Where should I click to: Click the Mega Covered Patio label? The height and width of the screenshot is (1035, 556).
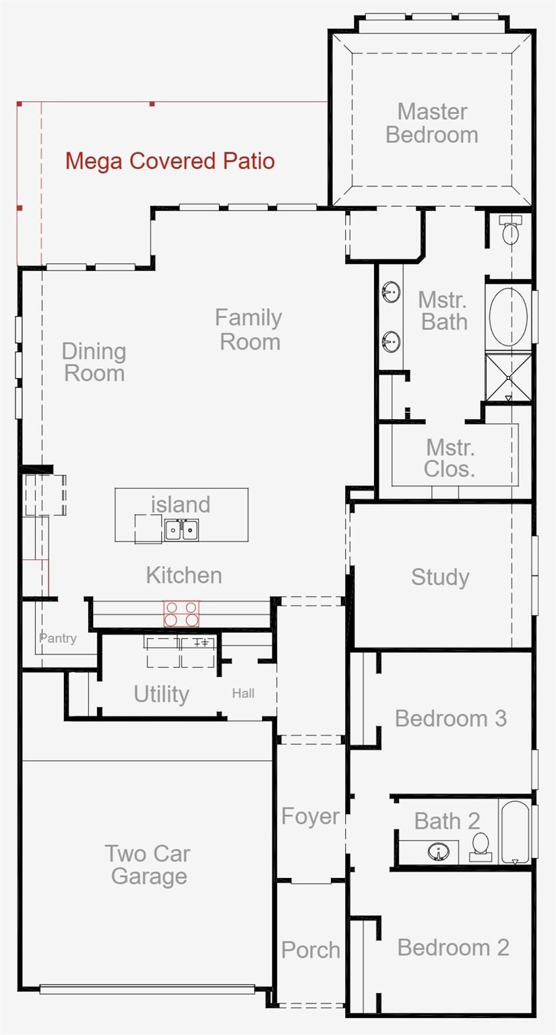point(170,161)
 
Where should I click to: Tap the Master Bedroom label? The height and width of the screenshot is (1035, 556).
point(432,123)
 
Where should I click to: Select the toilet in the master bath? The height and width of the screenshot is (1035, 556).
point(510,230)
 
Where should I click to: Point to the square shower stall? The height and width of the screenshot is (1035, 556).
point(508,377)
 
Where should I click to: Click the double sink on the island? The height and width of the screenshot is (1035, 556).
point(182,530)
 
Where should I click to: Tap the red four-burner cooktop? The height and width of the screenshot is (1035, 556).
point(181,613)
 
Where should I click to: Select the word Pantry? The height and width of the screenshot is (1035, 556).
point(58,638)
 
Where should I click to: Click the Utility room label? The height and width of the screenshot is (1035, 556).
point(161,694)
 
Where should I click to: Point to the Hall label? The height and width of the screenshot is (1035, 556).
point(243,693)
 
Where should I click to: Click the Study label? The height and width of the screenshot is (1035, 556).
point(440,577)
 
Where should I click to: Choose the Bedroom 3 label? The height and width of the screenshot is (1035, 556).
point(451,718)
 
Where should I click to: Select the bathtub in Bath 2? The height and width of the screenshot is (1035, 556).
point(515,832)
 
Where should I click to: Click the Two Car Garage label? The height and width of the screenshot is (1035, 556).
point(148,865)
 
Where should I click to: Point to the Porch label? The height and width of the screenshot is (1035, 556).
point(311,950)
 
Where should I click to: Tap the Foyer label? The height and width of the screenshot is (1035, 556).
point(311,816)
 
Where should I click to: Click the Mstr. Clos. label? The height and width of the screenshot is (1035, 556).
point(450,458)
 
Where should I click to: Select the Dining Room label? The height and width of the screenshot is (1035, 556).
point(94,363)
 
